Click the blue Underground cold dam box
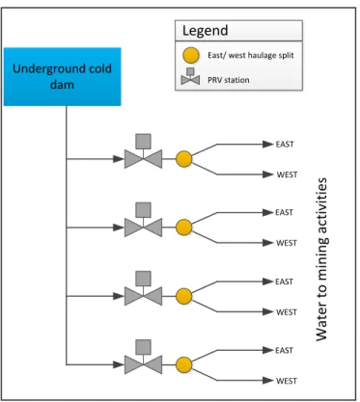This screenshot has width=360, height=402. pyautogui.click(x=62, y=77)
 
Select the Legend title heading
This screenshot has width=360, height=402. pyautogui.click(x=206, y=31)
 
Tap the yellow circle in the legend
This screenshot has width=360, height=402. pyautogui.click(x=191, y=55)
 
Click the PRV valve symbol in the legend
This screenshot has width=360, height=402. pyautogui.click(x=190, y=76)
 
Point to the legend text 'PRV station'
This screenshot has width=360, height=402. pyautogui.click(x=229, y=80)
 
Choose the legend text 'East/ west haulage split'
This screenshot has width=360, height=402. pyautogui.click(x=251, y=55)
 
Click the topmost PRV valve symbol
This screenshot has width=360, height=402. pyautogui.click(x=143, y=151)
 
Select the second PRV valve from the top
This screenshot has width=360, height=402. pyautogui.click(x=143, y=220)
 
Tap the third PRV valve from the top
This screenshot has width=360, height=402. pyautogui.click(x=143, y=288)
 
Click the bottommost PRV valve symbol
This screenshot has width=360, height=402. pyautogui.click(x=143, y=357)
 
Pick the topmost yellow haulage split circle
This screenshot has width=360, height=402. pyautogui.click(x=184, y=159)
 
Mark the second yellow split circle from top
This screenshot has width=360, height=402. pyautogui.click(x=184, y=228)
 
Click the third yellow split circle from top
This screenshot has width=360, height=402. pyautogui.click(x=184, y=296)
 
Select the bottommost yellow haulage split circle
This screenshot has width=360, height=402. pyautogui.click(x=184, y=365)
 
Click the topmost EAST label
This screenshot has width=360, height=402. pyautogui.click(x=285, y=145)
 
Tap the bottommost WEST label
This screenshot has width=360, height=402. pyautogui.click(x=287, y=381)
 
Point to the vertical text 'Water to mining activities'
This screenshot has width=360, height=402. pyautogui.click(x=321, y=259)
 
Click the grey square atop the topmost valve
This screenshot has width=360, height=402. pyautogui.click(x=143, y=142)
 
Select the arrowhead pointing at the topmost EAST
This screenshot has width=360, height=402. pyautogui.click(x=268, y=145)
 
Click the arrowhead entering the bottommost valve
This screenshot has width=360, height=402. pyautogui.click(x=119, y=364)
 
